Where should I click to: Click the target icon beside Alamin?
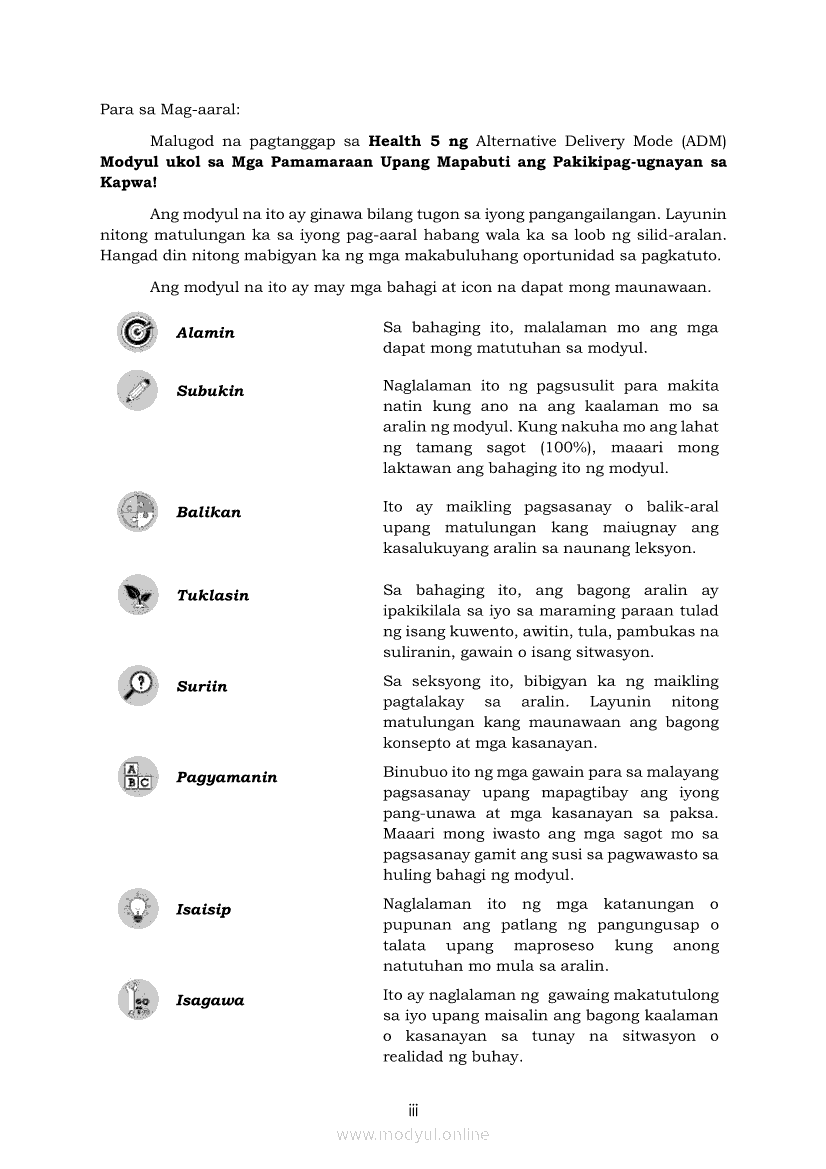[137, 332]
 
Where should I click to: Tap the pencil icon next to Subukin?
[137, 390]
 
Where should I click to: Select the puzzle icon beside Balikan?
[137, 511]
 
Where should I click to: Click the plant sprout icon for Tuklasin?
[137, 594]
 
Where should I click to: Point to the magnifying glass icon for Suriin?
[137, 685]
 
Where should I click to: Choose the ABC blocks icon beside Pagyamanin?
[137, 776]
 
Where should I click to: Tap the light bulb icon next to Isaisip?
[137, 908]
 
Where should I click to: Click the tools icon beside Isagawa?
[137, 999]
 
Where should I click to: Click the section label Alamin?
[205, 333]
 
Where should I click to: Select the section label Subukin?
[210, 391]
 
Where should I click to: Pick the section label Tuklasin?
[213, 595]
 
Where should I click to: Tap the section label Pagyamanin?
[227, 777]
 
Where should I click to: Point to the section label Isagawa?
[210, 1000]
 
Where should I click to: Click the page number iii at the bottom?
[413, 1110]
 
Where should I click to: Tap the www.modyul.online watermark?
[413, 1134]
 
